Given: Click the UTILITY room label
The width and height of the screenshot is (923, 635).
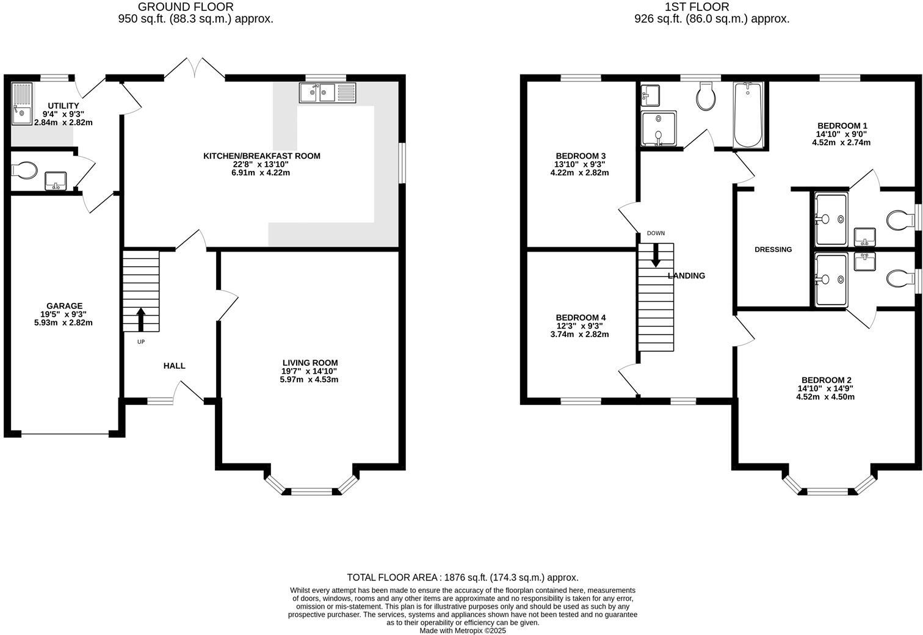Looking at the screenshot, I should click(64, 106).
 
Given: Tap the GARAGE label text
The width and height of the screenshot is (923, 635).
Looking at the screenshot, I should click(64, 306).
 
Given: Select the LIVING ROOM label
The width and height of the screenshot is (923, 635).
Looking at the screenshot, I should click(309, 363).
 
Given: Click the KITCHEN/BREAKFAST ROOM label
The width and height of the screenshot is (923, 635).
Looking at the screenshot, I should click(261, 156).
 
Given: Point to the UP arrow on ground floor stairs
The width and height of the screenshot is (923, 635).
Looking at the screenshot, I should click(141, 319).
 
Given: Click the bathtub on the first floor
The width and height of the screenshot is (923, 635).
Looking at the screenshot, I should click(748, 115).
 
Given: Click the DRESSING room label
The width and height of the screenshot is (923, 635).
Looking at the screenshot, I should click(773, 249).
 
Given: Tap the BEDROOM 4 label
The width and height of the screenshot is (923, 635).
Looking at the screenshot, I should click(581, 317).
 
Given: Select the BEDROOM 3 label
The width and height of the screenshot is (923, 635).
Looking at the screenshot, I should click(581, 156).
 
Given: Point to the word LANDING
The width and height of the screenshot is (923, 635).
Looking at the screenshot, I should click(686, 275).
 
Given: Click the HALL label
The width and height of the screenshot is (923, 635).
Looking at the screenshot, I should click(174, 366).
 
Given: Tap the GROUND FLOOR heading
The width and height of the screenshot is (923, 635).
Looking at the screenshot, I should click(186, 7).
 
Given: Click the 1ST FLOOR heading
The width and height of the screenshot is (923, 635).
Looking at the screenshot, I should click(706, 7).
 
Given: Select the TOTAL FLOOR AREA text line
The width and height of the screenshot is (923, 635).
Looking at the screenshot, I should click(462, 577).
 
